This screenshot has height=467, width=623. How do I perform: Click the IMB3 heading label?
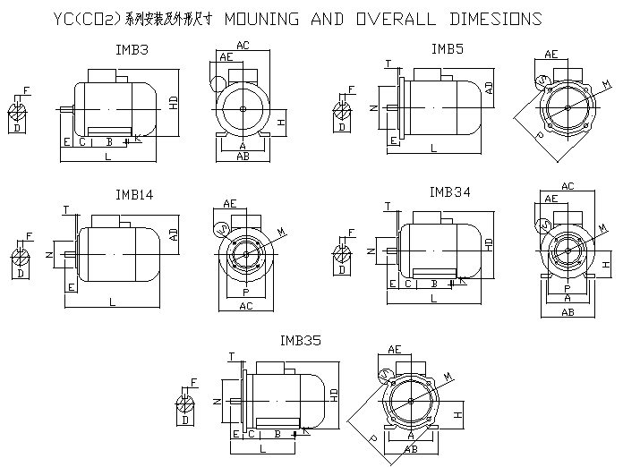click(132, 51)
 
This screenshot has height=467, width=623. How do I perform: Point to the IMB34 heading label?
click(450, 191)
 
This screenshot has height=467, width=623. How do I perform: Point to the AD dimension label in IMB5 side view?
click(490, 88)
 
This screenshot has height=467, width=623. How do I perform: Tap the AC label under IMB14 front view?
click(244, 305)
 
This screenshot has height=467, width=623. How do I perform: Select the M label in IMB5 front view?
click(607, 84)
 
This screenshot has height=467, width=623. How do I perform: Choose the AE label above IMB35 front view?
click(394, 349)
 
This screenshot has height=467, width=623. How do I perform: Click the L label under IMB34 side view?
click(433, 298)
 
